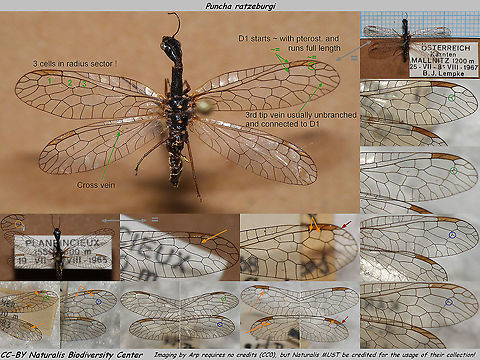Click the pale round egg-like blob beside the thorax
pyautogui.click(x=204, y=103)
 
